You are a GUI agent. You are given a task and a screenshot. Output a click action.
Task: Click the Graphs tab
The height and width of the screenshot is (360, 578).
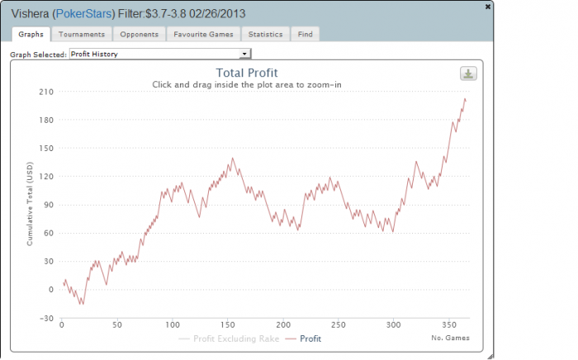(x=31, y=34)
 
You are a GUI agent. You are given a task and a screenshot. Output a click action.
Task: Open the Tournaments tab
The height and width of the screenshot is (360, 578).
(x=82, y=34)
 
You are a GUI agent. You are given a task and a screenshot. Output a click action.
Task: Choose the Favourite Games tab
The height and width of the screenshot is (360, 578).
(x=202, y=34)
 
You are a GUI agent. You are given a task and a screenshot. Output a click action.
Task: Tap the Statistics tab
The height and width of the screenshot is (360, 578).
(x=265, y=34)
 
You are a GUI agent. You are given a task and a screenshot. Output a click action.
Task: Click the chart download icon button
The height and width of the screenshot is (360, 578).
(x=468, y=74)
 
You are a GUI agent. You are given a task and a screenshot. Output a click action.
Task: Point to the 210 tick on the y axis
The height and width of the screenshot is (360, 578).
(x=46, y=92)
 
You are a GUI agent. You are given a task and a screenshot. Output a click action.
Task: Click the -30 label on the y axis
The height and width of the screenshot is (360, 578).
(x=46, y=318)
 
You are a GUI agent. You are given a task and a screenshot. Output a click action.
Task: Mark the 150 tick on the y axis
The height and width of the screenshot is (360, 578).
(x=46, y=149)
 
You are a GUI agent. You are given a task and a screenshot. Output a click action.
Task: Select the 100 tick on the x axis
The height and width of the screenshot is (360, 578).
(x=172, y=324)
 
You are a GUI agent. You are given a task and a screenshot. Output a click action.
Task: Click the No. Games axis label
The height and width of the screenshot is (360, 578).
(x=450, y=339)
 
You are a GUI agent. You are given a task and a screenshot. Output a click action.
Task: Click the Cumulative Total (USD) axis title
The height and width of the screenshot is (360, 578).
(x=30, y=205)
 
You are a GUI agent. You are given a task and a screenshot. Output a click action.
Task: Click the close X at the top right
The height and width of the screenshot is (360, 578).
(x=488, y=5)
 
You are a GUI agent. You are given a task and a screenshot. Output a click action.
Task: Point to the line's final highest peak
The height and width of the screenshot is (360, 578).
(x=465, y=98)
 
